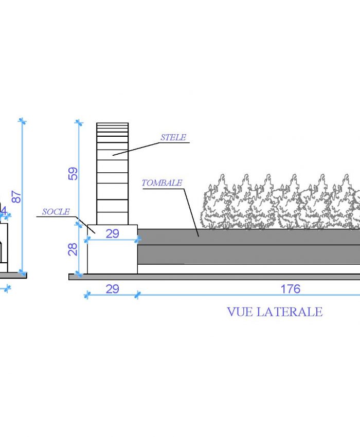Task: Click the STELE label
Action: coord(173,137)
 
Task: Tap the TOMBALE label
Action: coord(161,183)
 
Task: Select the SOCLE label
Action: coord(56,212)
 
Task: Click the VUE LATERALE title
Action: coord(275,312)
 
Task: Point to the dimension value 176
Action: coord(290,289)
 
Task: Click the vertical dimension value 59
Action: coord(73,174)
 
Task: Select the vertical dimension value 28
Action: coord(73,249)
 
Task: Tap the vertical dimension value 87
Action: coord(16,197)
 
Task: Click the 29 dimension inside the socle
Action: coord(113,233)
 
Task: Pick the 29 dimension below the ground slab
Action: coord(113,289)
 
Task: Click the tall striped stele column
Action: coord(113,174)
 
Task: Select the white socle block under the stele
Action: coord(113,249)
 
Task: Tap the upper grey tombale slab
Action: coord(249,237)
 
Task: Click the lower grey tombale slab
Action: coord(249,254)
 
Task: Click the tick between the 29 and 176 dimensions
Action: coord(137,295)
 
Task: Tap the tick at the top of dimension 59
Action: coord(79,122)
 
